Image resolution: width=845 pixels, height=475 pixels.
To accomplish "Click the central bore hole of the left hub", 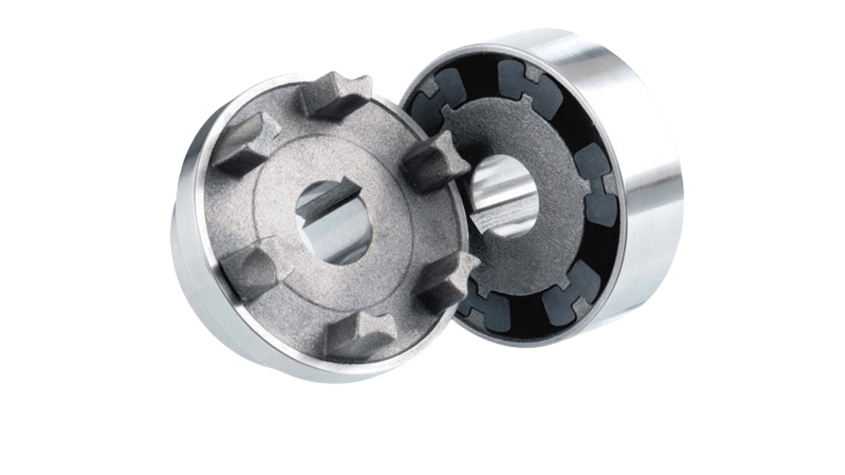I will pos(336,223).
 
